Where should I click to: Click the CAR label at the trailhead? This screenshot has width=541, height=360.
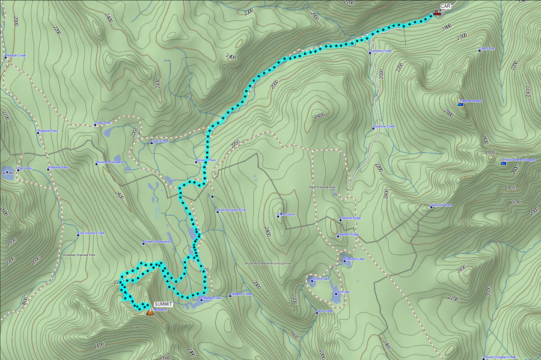[x=445, y=6]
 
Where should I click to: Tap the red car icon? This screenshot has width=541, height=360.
[x=437, y=13]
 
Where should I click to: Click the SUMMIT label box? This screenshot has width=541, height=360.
[x=162, y=305]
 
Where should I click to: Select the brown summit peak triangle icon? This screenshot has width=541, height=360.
[x=150, y=312]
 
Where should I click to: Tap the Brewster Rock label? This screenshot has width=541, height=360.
[x=442, y=206]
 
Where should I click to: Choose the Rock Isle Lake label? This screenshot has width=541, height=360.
[x=354, y=260]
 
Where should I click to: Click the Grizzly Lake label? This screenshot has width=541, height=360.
[x=321, y=279]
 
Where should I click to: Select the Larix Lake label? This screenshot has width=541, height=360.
[x=340, y=292]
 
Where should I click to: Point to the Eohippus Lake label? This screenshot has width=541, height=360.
[x=211, y=297]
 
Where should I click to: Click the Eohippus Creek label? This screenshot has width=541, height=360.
[x=241, y=294]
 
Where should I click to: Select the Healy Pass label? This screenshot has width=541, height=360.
[x=103, y=124]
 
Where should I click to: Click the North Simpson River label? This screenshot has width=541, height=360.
[x=233, y=210]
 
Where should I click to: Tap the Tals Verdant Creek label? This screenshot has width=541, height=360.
[x=92, y=234]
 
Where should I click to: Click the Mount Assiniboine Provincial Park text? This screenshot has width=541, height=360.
[x=268, y=263]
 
